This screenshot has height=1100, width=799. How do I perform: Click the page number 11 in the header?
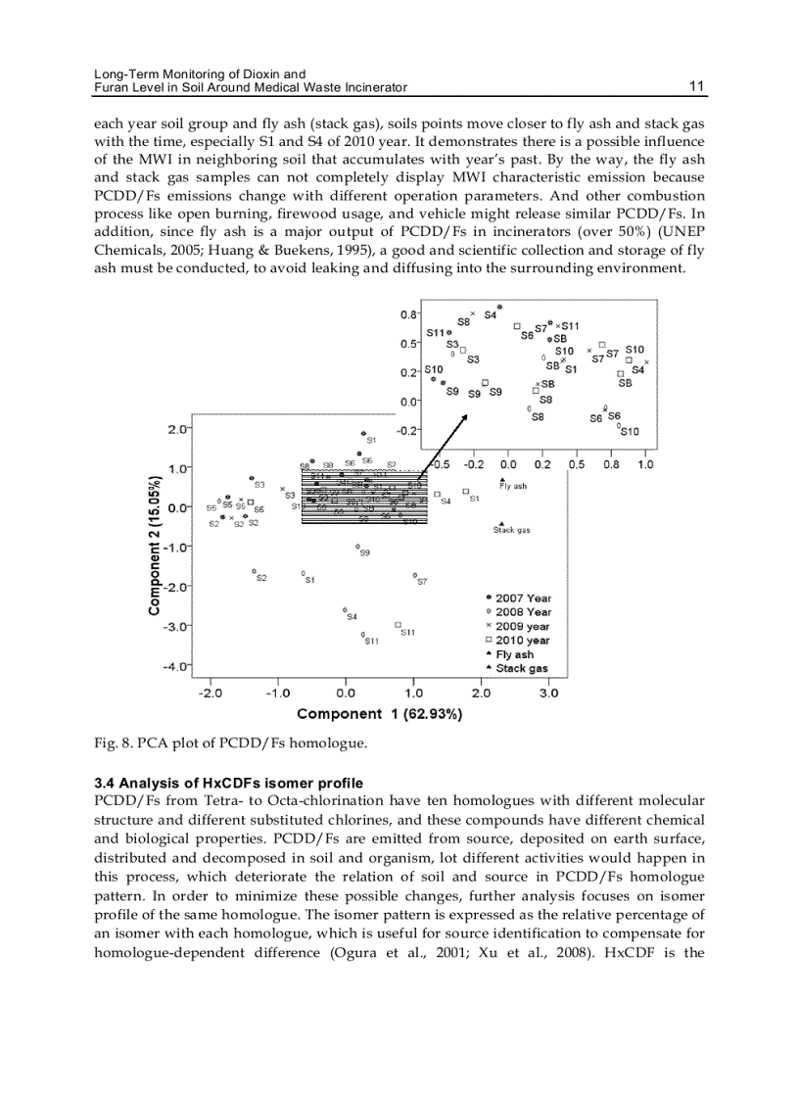tap(696, 86)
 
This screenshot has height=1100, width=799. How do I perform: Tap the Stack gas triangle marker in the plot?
tap(502, 523)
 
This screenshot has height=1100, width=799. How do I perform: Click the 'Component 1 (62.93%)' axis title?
tap(379, 714)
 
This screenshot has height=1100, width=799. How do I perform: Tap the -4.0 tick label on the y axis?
tap(176, 666)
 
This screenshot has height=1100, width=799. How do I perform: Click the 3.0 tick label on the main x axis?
tap(548, 693)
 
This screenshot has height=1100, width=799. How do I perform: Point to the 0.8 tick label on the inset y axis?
tap(409, 314)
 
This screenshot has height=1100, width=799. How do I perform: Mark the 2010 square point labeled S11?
tap(398, 624)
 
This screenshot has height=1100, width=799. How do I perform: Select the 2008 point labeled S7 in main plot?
tap(414, 575)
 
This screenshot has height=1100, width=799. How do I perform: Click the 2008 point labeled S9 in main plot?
tap(357, 547)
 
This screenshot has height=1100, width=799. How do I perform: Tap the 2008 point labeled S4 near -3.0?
tap(345, 609)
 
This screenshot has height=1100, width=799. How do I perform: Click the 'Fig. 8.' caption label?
tap(110, 743)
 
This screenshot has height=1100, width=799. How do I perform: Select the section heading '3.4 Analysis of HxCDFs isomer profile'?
tap(227, 783)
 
